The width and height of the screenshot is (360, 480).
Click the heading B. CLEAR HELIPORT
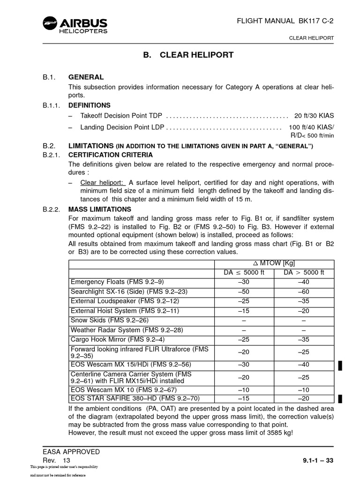pos(188,55)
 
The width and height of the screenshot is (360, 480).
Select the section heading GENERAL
pos(86,77)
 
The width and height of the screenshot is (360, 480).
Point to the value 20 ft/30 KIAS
pos(314,115)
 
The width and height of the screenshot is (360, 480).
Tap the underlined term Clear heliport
pos(103,182)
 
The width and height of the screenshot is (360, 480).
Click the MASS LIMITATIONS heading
pos(100,209)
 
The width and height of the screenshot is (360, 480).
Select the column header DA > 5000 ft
pos(304,272)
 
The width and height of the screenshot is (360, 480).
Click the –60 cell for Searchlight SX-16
pos(304,291)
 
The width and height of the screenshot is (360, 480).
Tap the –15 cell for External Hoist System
pos(244,311)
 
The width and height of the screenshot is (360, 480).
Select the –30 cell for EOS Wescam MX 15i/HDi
pos(244,364)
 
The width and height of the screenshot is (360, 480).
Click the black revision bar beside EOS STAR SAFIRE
pos(340,399)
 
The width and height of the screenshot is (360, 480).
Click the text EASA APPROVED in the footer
pos(71,451)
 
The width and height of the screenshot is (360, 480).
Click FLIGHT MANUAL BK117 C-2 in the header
pos(288,21)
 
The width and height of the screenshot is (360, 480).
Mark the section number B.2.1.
pos(51,155)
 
